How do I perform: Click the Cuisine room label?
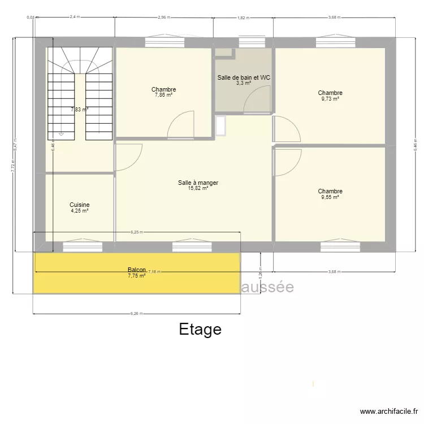coord(79,205)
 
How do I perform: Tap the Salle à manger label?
coord(198,183)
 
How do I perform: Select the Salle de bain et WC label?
coord(244,77)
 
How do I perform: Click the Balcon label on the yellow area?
coord(137,270)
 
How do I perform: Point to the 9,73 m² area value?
coord(330,99)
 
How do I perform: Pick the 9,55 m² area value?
coord(330,197)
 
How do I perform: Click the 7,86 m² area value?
coord(163,96)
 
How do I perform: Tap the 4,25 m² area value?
coord(79,211)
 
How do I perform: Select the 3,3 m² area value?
coord(244,83)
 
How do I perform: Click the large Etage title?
coord(200,329)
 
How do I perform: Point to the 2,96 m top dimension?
coord(164,18)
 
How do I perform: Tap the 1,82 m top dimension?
coord(242,18)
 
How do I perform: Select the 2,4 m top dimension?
coord(75,18)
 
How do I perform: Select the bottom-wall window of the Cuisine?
coord(83,246)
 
